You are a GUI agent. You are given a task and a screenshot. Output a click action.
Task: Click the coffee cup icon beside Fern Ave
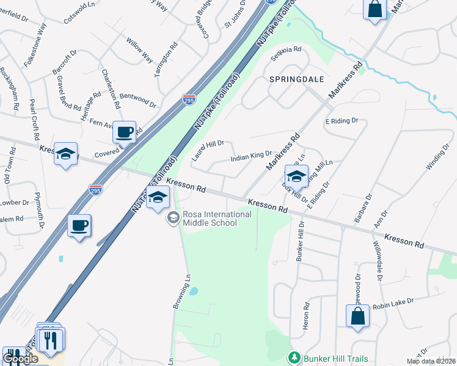point(125,132)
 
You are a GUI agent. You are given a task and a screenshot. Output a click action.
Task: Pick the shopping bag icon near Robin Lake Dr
point(357,316)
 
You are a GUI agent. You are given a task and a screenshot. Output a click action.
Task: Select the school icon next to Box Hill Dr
point(296,176)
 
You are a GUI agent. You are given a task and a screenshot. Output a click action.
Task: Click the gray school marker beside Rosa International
point(174,217)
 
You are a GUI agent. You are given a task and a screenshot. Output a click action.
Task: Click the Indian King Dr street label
point(250,158)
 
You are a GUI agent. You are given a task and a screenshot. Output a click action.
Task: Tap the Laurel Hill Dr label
point(208,146)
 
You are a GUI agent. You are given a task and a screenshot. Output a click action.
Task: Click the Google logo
point(20,358)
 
